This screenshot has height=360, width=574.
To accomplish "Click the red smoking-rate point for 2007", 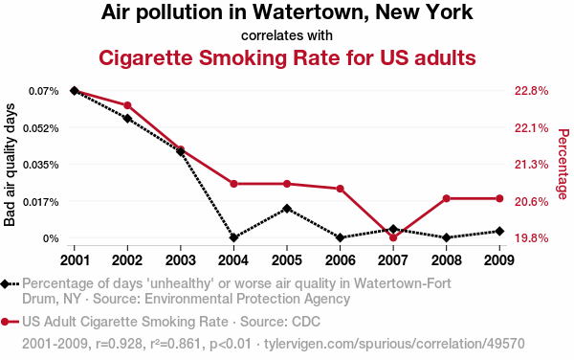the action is coord(393,237).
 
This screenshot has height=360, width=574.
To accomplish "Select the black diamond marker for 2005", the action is coord(287,209).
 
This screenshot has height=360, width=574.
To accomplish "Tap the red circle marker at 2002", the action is coord(127,105).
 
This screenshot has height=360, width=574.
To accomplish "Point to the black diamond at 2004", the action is coord(233,237).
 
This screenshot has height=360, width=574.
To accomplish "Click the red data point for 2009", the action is coord(499,198).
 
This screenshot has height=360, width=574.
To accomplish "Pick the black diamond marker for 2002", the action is coord(127,119).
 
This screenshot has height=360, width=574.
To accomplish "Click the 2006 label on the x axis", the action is coord(340,260).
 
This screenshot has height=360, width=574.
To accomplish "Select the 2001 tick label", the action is coord(75,260).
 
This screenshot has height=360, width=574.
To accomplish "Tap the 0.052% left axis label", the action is coord(40,128).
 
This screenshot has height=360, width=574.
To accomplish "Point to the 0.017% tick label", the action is coord(40,202).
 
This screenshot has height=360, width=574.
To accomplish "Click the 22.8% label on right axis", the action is coord(532,91).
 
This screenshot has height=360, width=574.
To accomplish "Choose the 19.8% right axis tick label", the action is coord(532,238).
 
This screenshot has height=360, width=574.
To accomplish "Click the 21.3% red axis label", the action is coord(532,165).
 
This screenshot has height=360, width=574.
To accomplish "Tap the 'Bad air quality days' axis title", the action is coord(10,165).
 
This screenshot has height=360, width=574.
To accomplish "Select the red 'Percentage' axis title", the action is coord(563,164).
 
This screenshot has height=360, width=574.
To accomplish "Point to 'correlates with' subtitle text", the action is coord(287,35).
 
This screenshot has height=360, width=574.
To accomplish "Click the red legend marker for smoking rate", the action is coord(5,322).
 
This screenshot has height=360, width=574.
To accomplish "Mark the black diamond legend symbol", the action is coord(5,284).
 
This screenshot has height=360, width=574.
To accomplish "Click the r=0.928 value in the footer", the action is coord(119,344).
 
